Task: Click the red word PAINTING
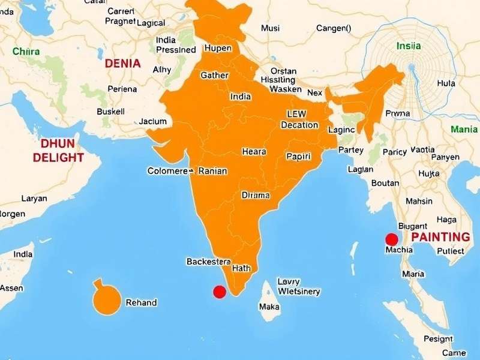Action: [440, 236]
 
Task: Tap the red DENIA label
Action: [122, 63]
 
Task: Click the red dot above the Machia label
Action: [392, 239]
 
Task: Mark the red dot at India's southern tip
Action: [220, 292]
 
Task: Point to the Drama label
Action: [256, 195]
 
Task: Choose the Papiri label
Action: [298, 157]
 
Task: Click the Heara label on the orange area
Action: [254, 152]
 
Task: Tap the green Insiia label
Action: [409, 46]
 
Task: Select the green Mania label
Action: [464, 129]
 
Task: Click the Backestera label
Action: [209, 262]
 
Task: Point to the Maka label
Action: [269, 307]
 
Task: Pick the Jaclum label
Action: [153, 121]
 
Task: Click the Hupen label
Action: [218, 48]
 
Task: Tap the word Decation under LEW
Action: [299, 125]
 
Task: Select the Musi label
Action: [271, 28]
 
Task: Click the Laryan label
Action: [34, 198]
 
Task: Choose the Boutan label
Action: [385, 183]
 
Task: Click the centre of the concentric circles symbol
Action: [411, 66]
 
